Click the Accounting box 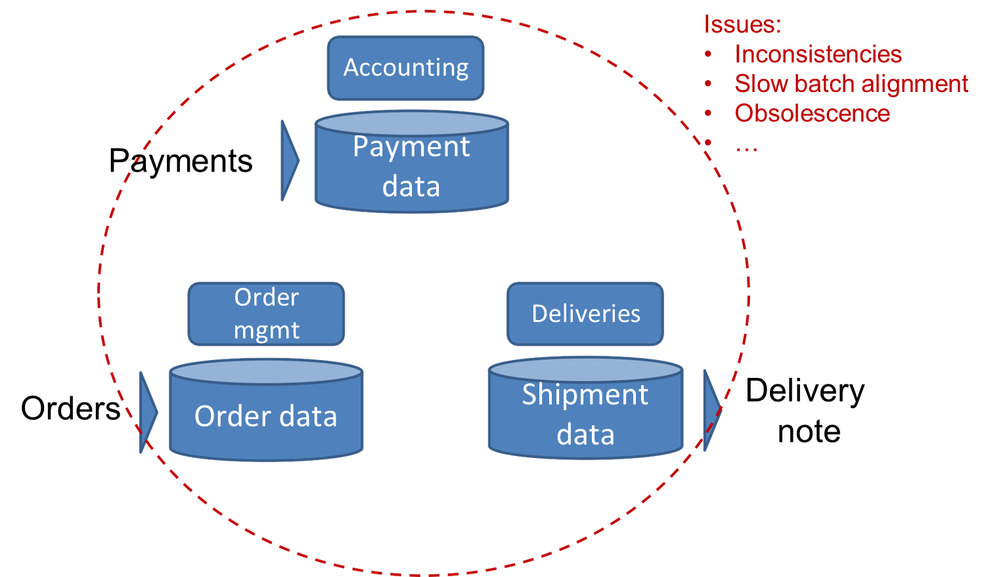coord(405,68)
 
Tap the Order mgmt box coord(266,313)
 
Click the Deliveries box coord(585,313)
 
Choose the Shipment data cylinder coord(585,413)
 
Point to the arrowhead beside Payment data coord(289,160)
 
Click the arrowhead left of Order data coord(148,413)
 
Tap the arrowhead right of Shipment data coord(711,410)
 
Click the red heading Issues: coord(742,24)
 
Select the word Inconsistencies coord(818,54)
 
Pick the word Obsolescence coord(812,113)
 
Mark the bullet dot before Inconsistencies coord(708,55)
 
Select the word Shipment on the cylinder coord(585,395)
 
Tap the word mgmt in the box coord(266,330)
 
